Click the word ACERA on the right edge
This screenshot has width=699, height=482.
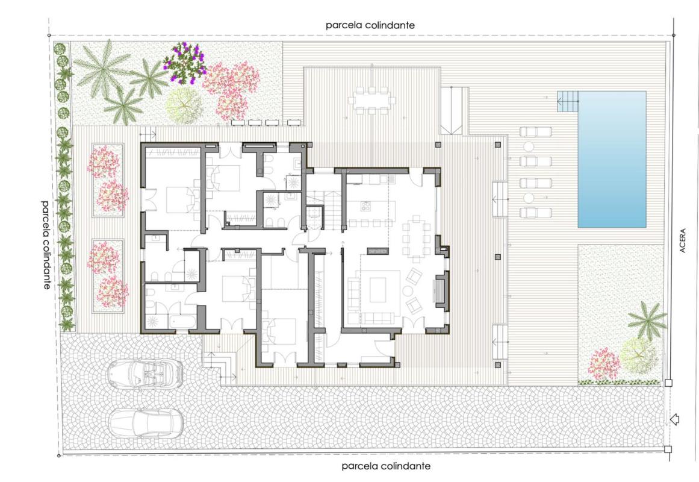(x=683, y=241)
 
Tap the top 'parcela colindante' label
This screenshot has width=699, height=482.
(x=370, y=25)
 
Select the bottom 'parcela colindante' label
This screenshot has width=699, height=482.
(x=386, y=466)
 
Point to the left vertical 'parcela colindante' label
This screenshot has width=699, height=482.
(x=46, y=245)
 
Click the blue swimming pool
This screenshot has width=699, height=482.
(x=612, y=159)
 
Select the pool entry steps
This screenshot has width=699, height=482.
(x=568, y=101)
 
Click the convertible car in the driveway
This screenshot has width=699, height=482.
(x=145, y=373)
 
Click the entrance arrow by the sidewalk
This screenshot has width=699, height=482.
(x=674, y=419)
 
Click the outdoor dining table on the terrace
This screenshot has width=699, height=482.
(x=372, y=100)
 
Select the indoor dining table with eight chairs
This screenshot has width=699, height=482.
(x=416, y=239)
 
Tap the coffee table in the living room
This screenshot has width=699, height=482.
(x=378, y=290)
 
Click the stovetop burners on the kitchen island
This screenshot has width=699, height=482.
(x=365, y=206)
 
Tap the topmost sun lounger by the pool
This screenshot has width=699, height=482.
(x=535, y=132)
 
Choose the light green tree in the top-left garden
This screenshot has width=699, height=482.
(x=184, y=105)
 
